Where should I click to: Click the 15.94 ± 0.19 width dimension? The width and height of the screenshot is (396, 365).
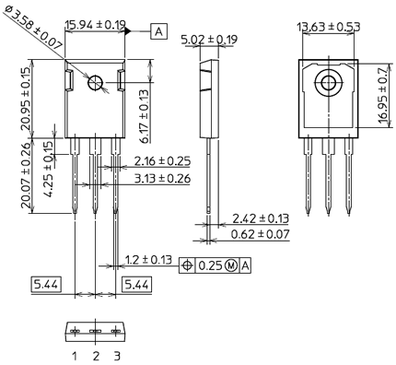[x=96, y=26]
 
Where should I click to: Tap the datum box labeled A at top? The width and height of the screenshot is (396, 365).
[x=159, y=31]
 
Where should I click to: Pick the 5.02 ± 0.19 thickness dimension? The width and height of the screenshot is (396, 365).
[x=210, y=40]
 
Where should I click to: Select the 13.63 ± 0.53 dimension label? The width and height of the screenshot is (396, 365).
[x=328, y=26]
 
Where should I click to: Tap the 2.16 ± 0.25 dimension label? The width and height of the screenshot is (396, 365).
[x=160, y=162]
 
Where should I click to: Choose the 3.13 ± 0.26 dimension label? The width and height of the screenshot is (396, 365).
[x=160, y=178]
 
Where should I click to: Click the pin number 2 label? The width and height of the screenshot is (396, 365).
[x=95, y=355]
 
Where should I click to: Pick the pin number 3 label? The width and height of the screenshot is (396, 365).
[x=115, y=355]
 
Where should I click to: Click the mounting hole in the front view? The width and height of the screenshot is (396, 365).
[x=96, y=84]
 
